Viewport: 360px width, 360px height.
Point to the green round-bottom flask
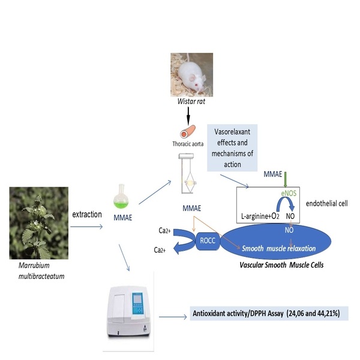coord(122,196)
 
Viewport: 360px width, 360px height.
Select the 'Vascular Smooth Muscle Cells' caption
coord(278,265)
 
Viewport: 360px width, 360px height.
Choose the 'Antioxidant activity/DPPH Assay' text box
coord(270,314)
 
